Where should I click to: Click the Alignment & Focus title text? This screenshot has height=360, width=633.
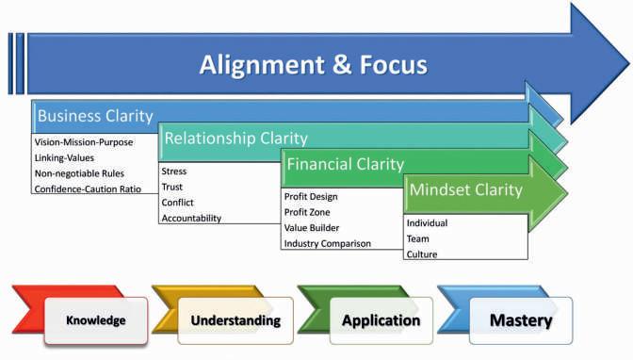314,65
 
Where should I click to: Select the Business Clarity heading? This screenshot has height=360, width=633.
95,116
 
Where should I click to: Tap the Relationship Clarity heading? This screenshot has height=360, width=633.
235,139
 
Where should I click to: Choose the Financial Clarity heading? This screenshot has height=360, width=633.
345,164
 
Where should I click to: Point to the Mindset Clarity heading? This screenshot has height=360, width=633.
466,190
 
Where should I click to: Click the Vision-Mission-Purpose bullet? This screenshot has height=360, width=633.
84,142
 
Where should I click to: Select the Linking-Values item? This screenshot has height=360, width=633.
64,158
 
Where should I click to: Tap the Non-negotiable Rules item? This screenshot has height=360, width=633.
79,173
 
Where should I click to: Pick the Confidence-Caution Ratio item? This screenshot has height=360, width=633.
88,189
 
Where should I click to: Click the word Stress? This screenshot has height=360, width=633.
174,172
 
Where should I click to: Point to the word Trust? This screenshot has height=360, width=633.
172,188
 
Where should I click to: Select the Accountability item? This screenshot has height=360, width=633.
191,219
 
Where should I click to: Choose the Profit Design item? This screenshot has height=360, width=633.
311,197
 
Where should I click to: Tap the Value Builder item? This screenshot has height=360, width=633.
312,228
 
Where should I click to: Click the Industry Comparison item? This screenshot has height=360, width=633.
328,244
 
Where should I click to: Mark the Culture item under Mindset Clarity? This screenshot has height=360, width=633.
422,254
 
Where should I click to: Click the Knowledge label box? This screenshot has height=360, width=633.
96,320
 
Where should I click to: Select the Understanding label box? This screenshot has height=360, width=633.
235,320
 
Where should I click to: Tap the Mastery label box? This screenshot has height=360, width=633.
521,320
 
